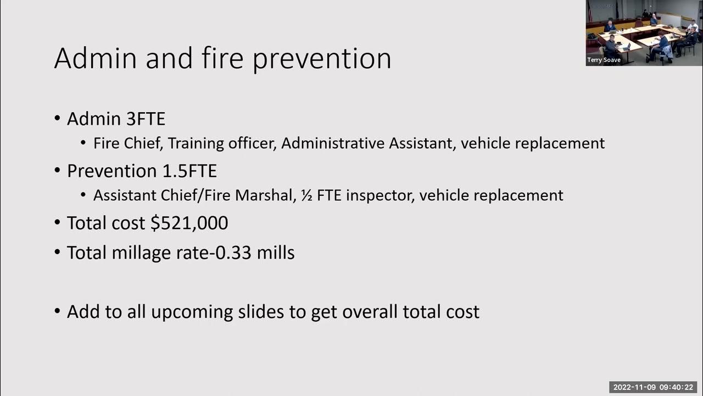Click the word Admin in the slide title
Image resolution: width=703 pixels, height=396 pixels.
point(94,58)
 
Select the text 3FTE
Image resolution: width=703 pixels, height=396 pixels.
point(146,119)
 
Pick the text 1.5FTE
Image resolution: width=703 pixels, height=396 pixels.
point(189,171)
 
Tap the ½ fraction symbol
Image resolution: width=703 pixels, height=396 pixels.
point(306,195)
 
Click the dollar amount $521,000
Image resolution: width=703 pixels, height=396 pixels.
point(189,223)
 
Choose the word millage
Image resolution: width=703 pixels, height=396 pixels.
point(142,252)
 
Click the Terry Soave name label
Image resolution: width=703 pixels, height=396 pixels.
point(604,61)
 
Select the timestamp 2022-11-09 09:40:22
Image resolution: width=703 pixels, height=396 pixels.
point(653,387)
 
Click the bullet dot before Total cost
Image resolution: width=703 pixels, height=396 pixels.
point(58,223)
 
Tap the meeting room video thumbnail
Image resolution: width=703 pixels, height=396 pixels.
point(644,30)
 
